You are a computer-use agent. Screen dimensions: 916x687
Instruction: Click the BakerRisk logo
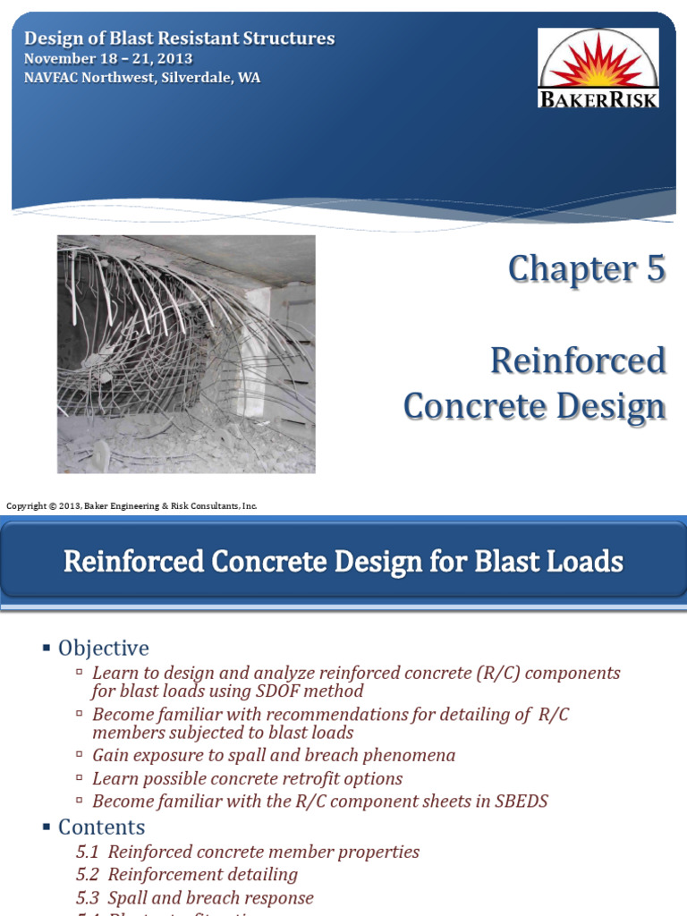(598, 68)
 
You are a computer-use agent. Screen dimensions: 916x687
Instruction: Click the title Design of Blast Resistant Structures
(179, 38)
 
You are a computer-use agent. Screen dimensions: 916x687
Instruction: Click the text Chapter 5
(586, 269)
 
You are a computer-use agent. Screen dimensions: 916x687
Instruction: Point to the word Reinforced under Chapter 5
(578, 360)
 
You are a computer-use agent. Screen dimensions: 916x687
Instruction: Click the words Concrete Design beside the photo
(534, 406)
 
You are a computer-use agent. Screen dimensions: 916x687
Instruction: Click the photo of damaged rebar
(186, 353)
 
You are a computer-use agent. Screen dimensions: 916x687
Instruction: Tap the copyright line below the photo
(131, 506)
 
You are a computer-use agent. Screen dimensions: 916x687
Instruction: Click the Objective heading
(103, 648)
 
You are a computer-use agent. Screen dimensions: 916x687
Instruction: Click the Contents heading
(101, 827)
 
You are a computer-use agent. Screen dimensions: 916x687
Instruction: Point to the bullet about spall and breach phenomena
(274, 755)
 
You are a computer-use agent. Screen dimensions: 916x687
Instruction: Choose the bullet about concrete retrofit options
(247, 778)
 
